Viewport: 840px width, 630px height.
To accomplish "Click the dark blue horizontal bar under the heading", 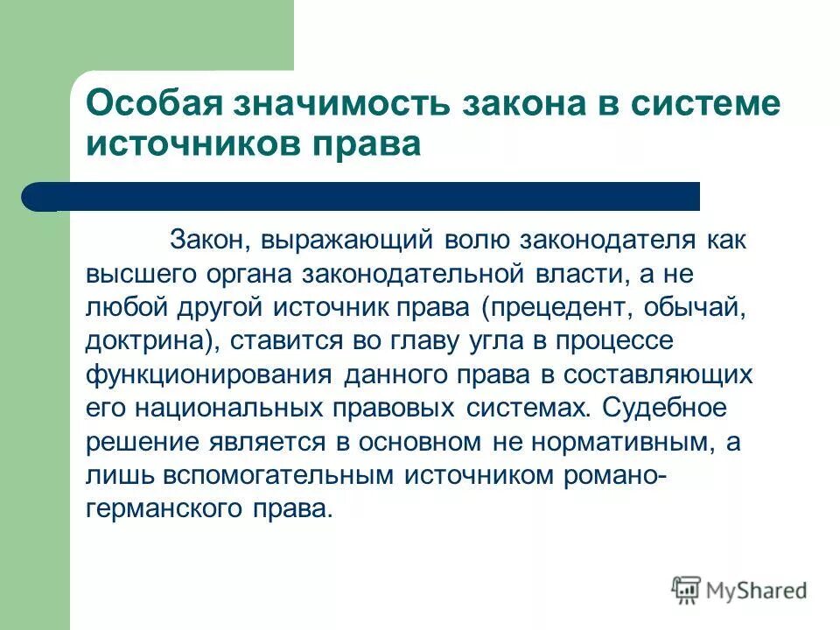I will tap(359, 196).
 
